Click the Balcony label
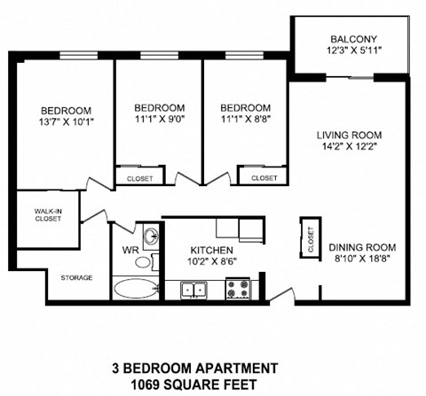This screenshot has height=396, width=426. (x=353, y=39)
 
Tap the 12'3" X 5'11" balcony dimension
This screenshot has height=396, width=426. (x=353, y=50)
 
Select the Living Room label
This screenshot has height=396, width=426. (x=348, y=136)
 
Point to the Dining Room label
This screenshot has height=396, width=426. (x=362, y=246)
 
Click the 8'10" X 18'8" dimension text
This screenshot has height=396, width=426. (x=362, y=259)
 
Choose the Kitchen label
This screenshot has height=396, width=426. (x=211, y=251)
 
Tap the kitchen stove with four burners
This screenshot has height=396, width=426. (x=237, y=289)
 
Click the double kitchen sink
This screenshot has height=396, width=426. (x=193, y=289)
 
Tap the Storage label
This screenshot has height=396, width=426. (x=76, y=277)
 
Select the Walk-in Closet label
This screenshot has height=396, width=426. (x=48, y=214)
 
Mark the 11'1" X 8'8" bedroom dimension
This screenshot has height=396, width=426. (x=246, y=120)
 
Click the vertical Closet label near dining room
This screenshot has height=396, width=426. (x=311, y=237)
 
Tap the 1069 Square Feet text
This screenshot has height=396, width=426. (x=194, y=384)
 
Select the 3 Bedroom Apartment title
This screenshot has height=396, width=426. (x=194, y=367)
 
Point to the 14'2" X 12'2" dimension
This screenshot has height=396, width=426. (x=348, y=148)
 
